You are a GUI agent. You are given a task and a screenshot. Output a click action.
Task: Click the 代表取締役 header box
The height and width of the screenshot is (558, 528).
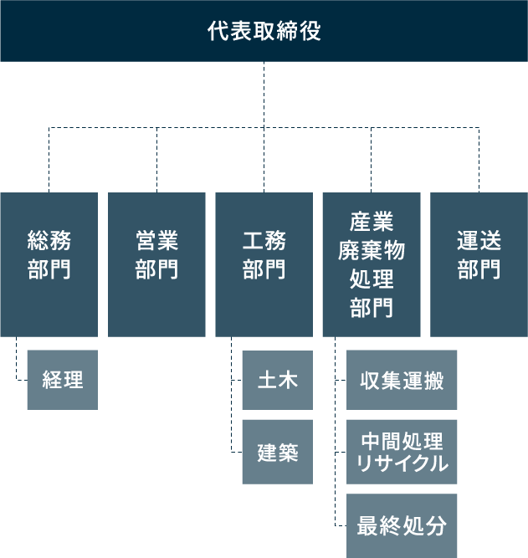pos(264,31)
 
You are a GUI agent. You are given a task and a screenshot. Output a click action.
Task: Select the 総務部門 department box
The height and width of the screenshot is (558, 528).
pos(49,264)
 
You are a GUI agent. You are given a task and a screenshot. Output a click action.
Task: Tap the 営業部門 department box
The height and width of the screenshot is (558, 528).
pos(156,264)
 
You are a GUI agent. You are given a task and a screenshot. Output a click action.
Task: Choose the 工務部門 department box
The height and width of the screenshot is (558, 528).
pos(264,264)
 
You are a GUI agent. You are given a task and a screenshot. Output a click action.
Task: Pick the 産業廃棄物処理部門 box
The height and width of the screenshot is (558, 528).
pos(372,264)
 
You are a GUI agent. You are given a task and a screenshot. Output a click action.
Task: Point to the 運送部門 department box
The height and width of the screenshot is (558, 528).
pos(479,264)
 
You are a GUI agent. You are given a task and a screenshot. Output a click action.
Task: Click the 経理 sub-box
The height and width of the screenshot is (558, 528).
pos(62,380)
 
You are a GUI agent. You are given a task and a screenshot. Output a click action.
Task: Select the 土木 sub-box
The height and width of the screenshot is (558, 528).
pos(277,380)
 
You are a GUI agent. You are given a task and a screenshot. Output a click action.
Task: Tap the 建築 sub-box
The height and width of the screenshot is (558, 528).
pos(277,452)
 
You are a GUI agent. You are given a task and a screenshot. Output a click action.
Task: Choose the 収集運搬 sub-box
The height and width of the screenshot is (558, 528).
pos(402,380)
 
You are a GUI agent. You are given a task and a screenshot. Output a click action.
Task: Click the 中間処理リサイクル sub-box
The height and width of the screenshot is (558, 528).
pos(402,453)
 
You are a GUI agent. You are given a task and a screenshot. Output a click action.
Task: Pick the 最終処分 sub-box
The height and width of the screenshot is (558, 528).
pos(402,526)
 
